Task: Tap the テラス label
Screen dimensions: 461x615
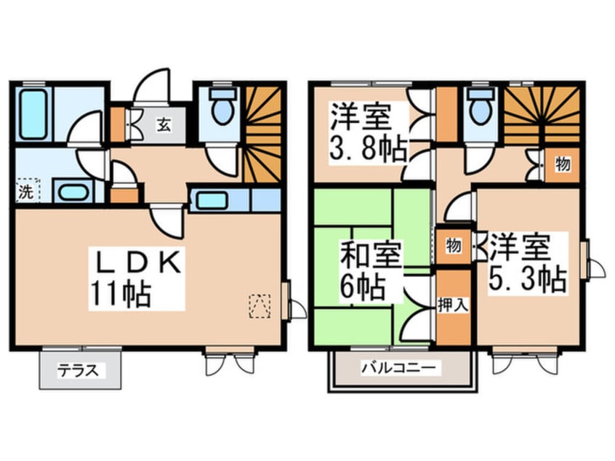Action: [x=79, y=369]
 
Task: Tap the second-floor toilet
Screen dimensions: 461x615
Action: [x=479, y=108]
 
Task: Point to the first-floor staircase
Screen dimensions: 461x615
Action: [x=261, y=131]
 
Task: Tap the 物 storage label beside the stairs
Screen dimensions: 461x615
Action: [x=562, y=164]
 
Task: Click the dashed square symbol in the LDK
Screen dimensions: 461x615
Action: [x=259, y=305]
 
